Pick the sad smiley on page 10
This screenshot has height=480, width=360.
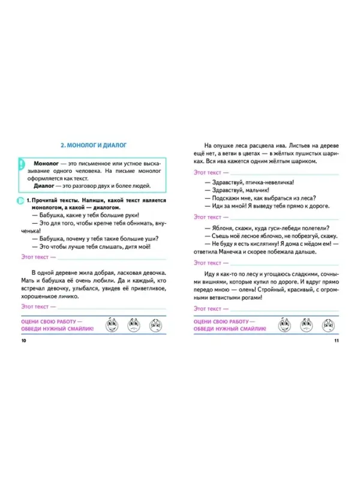click(x=155, y=326)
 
